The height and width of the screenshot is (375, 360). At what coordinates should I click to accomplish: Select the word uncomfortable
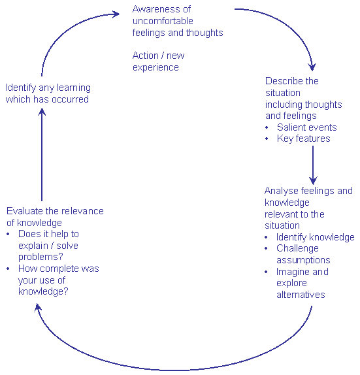coord(163,21)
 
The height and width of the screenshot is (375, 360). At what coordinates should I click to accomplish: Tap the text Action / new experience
coord(158,61)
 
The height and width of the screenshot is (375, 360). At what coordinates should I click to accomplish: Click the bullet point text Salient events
coord(307,127)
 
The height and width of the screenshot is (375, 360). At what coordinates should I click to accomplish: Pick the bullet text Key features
coord(304,139)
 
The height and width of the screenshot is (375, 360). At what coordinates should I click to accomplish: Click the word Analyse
coord(282,191)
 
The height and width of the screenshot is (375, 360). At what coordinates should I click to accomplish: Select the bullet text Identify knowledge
coord(316,237)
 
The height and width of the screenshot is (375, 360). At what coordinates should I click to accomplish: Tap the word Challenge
coord(297,248)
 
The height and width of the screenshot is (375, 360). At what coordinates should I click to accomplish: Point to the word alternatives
coord(301,295)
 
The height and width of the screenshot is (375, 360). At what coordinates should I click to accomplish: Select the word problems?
coord(41,257)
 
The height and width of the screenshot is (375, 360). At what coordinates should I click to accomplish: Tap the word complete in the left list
coord(59,269)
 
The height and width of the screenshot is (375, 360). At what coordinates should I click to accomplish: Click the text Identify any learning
coord(48,88)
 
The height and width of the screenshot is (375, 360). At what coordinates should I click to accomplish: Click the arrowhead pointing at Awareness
coord(116,14)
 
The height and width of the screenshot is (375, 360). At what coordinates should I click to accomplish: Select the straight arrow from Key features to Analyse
coord(313,165)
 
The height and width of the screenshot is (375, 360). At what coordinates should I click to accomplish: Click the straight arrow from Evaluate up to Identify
coord(42,154)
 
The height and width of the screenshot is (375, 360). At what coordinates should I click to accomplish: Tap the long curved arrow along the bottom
coord(172,370)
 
